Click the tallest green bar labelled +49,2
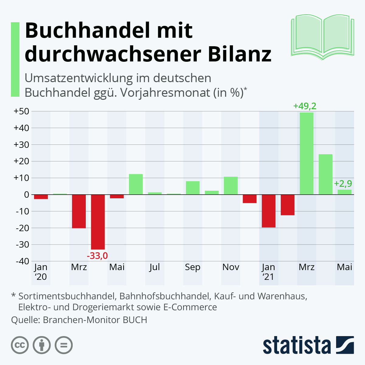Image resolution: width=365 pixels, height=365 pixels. [x=306, y=154]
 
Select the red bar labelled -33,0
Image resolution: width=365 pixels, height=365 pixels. [x=98, y=222]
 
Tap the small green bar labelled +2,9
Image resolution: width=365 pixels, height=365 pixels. [x=344, y=192]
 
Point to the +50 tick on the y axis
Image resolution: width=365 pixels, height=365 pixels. [x=21, y=111]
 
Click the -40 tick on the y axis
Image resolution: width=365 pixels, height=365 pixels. [x=21, y=261]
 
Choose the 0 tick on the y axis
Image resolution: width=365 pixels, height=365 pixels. [x=26, y=195]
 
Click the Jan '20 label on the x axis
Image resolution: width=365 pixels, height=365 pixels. [x=40, y=272]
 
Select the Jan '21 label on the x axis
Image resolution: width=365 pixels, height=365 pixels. [x=268, y=272]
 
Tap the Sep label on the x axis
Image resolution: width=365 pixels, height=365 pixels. [x=193, y=267]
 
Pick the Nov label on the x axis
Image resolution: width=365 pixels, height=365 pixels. [x=231, y=267]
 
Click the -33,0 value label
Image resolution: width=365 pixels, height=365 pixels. [x=97, y=256]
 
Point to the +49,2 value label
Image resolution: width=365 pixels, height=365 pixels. [x=304, y=106]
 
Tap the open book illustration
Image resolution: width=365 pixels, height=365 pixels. [x=322, y=36]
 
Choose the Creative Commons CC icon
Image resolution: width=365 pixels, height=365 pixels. [x=20, y=346]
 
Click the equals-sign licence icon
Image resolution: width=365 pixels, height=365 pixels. [x=64, y=346]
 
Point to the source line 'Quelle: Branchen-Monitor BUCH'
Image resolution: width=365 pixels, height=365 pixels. [x=79, y=320]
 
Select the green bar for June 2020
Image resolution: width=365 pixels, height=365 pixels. [x=136, y=184]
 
